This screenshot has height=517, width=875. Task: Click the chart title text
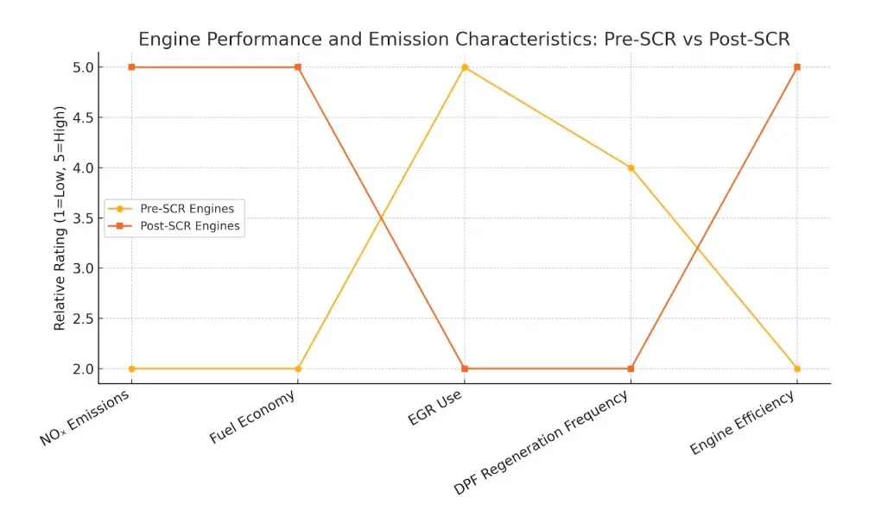tap(464, 40)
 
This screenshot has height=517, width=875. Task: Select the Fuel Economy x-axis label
tap(252, 418)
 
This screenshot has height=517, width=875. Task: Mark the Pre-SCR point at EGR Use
tap(465, 67)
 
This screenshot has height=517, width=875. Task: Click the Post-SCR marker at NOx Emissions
tap(131, 67)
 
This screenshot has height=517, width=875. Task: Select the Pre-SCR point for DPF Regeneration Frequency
tap(631, 167)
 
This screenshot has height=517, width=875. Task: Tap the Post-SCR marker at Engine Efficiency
tap(797, 67)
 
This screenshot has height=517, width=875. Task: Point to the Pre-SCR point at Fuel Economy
tap(298, 369)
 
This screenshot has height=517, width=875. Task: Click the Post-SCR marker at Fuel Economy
tap(298, 67)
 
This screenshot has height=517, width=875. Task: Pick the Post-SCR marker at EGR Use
tap(465, 369)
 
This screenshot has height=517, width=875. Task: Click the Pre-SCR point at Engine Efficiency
tap(797, 369)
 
